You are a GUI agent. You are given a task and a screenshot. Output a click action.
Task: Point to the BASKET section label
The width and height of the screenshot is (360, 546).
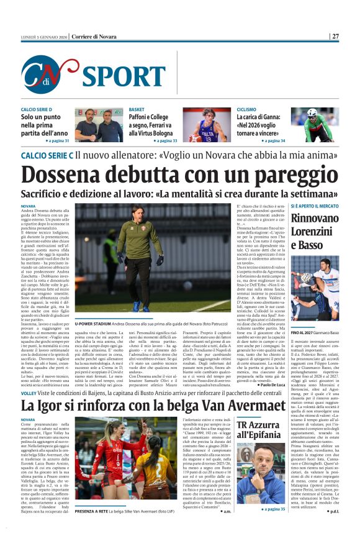pos(137,109)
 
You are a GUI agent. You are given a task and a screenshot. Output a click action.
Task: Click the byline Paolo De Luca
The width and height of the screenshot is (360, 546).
pos(267,385)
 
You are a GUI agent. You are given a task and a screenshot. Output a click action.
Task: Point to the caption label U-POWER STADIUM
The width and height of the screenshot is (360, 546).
pos(93,324)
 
